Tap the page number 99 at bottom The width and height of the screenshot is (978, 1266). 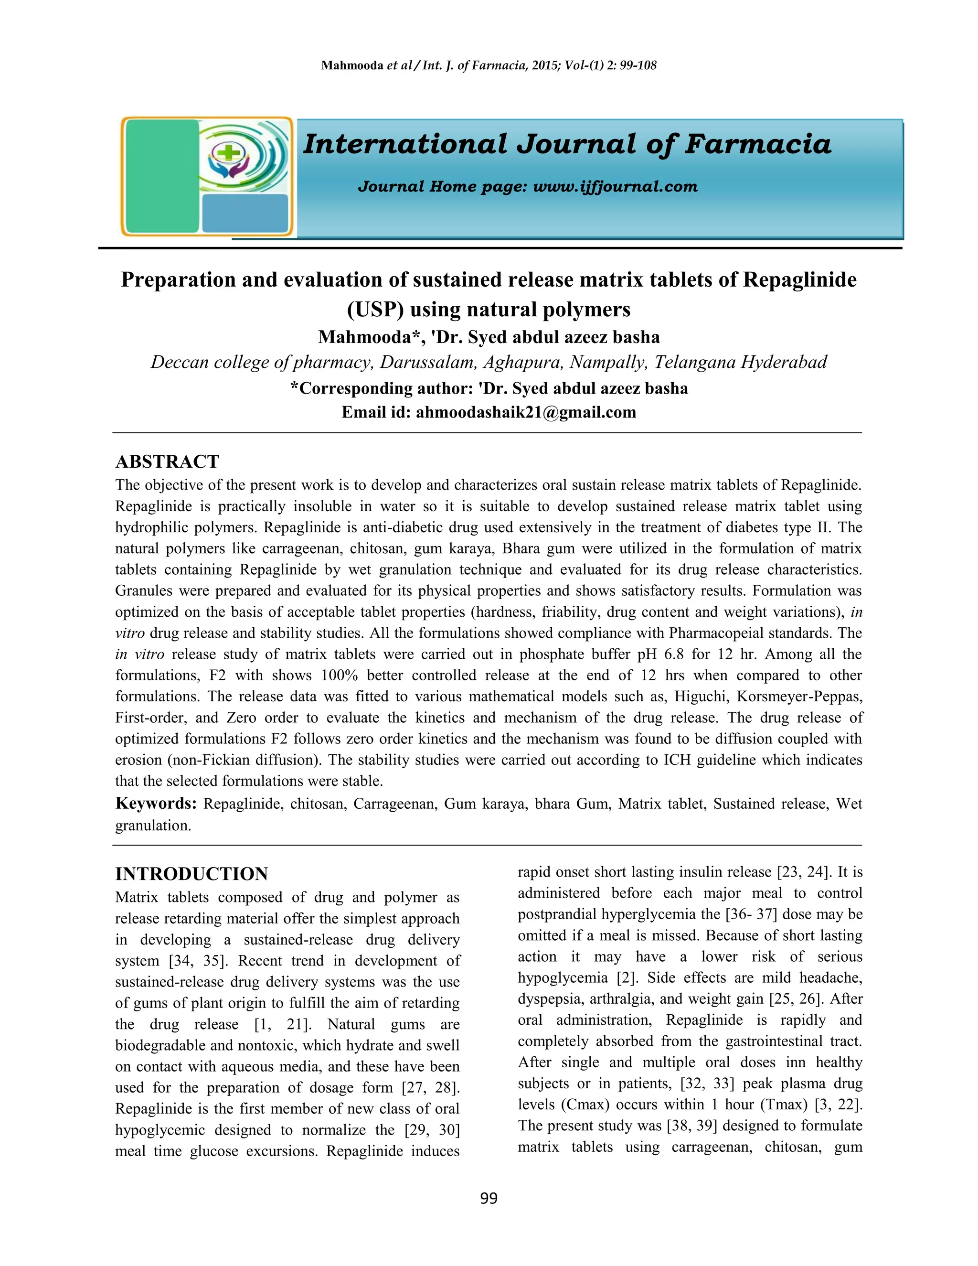489,1198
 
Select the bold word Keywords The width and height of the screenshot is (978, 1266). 157,804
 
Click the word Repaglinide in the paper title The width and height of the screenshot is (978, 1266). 799,279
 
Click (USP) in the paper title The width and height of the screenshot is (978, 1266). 375,309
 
